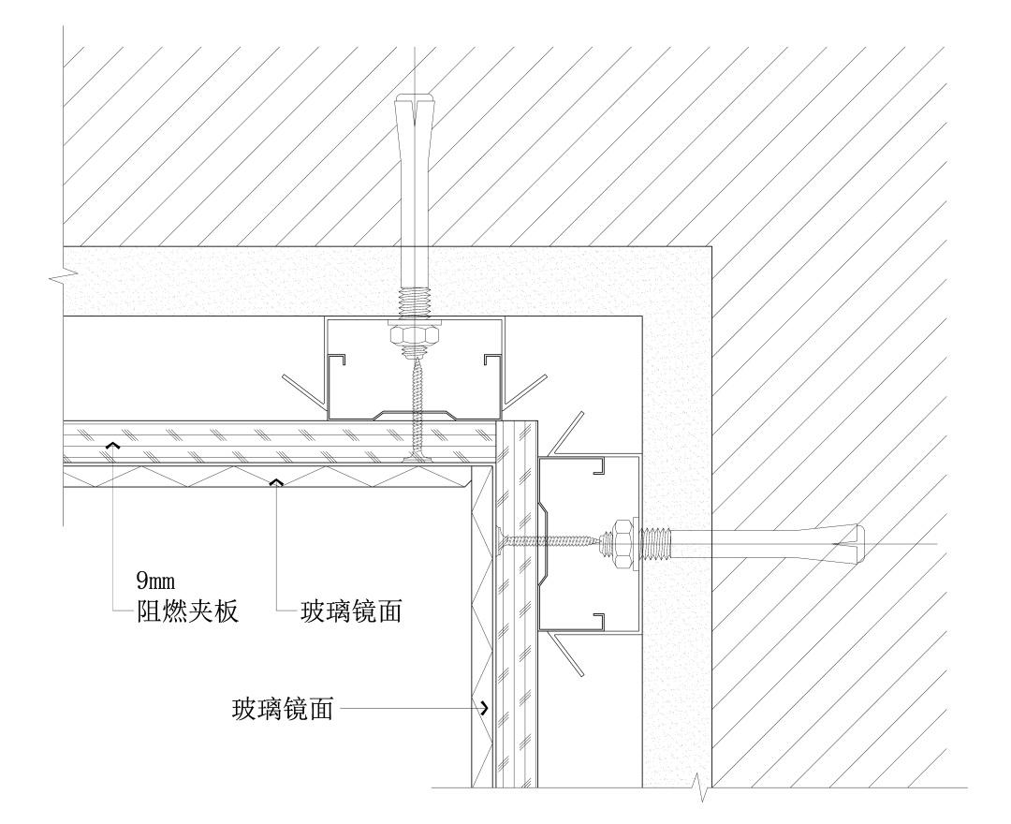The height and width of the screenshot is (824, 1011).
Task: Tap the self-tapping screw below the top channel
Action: (x=415, y=412)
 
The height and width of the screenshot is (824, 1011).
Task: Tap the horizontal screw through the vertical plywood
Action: (x=543, y=540)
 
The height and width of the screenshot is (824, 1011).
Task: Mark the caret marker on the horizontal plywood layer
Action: (x=112, y=446)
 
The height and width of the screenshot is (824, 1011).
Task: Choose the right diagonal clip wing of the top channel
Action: (x=526, y=391)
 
